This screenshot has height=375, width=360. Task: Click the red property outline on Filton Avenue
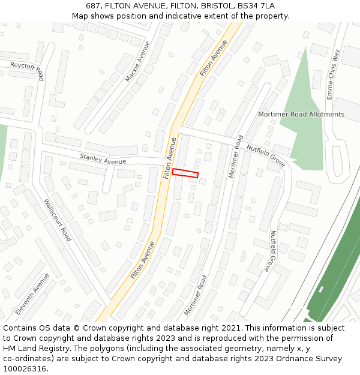pyautogui.click(x=185, y=173)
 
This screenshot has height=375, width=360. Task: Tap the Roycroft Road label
pyautogui.click(x=27, y=70)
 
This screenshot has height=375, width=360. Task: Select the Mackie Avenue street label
pyautogui.click(x=137, y=62)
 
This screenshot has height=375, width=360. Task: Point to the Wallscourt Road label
pyautogui.click(x=58, y=220)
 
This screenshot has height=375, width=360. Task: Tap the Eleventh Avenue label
pyautogui.click(x=33, y=294)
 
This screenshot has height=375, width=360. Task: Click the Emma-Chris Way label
pyautogui.click(x=332, y=74)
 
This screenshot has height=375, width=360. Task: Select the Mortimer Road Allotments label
pyautogui.click(x=301, y=114)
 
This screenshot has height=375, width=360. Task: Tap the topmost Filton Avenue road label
pyautogui.click(x=214, y=58)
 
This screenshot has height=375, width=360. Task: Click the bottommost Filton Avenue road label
pyautogui.click(x=143, y=260)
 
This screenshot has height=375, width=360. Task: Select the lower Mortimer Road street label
pyautogui.click(x=196, y=295)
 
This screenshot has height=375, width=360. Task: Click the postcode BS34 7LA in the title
pyautogui.click(x=256, y=5)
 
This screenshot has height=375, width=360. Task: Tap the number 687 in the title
pyautogui.click(x=93, y=5)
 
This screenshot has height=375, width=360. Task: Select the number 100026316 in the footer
pyautogui.click(x=25, y=368)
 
